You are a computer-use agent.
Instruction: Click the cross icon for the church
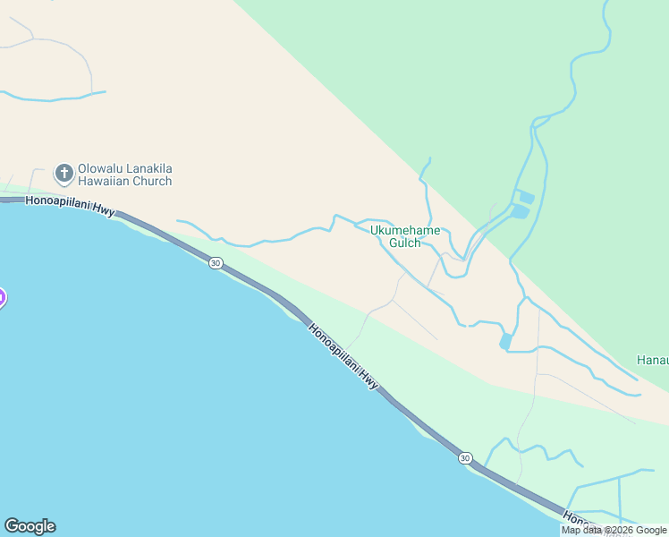click(x=64, y=172)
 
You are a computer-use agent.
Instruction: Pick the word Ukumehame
click(x=405, y=231)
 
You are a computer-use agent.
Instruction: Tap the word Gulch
click(x=405, y=243)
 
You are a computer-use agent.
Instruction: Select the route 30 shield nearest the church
click(x=216, y=262)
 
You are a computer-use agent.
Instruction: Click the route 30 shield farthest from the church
click(x=465, y=458)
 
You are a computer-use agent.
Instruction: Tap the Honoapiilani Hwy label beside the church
click(x=71, y=206)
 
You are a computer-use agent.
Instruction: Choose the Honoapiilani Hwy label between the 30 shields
click(x=343, y=355)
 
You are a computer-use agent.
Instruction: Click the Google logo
click(x=30, y=526)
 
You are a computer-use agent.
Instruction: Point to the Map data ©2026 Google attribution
click(x=614, y=530)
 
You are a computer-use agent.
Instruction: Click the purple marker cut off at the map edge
click(x=2, y=298)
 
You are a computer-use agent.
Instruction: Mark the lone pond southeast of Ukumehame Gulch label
click(x=506, y=341)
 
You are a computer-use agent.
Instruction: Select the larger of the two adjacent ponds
click(x=520, y=212)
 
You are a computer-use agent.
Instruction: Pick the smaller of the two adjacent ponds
click(x=526, y=197)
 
